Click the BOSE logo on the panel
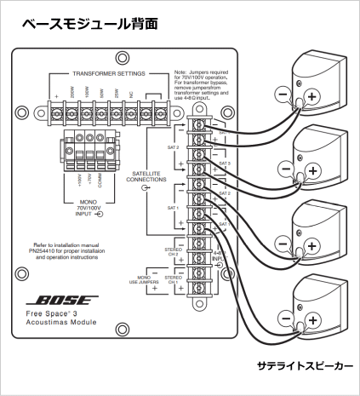57,301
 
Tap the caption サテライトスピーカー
304,366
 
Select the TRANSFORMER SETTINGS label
107,74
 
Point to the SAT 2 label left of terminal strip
171,146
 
